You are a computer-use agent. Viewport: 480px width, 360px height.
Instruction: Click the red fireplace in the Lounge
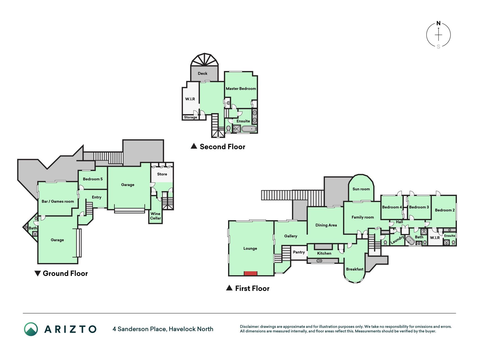250,273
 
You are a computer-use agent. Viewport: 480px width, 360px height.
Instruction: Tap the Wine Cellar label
156,216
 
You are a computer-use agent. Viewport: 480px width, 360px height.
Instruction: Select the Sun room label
361,189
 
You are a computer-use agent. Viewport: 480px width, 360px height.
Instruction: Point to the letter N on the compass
438,23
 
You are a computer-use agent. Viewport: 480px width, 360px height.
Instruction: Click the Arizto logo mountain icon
31,329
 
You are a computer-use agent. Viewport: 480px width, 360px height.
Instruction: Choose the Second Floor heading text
222,147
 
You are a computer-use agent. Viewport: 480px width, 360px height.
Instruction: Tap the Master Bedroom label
241,89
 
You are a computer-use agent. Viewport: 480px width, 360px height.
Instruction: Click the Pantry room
299,253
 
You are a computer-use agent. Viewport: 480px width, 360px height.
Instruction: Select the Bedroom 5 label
93,179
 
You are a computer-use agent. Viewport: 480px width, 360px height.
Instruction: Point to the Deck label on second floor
202,73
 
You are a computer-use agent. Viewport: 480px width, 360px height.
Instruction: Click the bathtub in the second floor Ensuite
249,129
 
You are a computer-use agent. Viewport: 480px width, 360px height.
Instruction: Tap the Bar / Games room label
58,201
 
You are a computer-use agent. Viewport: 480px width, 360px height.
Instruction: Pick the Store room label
162,174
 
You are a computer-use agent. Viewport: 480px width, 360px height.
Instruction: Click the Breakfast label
355,269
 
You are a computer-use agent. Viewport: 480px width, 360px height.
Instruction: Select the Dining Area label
326,225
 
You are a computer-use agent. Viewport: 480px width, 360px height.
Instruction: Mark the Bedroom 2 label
445,210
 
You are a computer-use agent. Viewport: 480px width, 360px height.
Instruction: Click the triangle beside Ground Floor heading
37,273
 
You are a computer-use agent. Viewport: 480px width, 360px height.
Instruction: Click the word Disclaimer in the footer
249,327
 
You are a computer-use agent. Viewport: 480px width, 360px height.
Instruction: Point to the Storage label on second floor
190,117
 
